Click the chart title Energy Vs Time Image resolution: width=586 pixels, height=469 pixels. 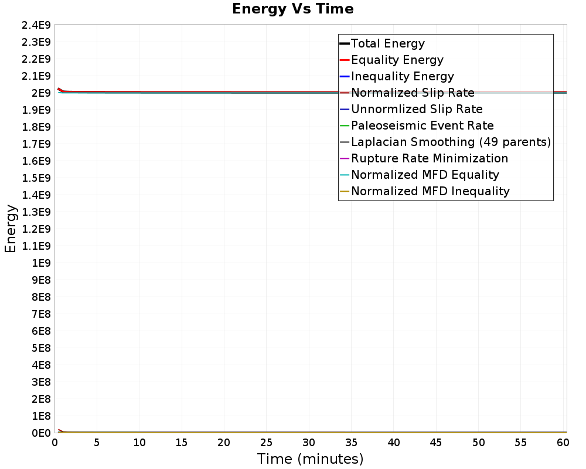(x=293, y=9)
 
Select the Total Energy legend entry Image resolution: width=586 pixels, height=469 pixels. (x=387, y=43)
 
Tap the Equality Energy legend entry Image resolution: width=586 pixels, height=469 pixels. (x=397, y=60)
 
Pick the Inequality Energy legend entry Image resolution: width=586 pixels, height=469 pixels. (x=402, y=76)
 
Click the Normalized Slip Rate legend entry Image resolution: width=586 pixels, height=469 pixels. (x=413, y=93)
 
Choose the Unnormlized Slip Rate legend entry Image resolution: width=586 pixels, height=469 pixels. (x=417, y=109)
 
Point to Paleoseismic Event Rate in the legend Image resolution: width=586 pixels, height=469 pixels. (x=422, y=125)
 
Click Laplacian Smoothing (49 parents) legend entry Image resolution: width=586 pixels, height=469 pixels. (x=451, y=142)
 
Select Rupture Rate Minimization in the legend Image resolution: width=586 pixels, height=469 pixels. (x=430, y=158)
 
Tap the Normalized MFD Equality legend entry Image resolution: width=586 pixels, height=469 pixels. (x=425, y=175)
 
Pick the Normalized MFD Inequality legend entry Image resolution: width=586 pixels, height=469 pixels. (x=430, y=191)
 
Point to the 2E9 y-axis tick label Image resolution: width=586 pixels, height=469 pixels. (x=40, y=93)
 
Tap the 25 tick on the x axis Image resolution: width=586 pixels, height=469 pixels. (x=267, y=443)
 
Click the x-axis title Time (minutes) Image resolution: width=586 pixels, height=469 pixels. (x=310, y=458)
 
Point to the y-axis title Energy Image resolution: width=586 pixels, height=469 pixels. (x=11, y=229)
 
